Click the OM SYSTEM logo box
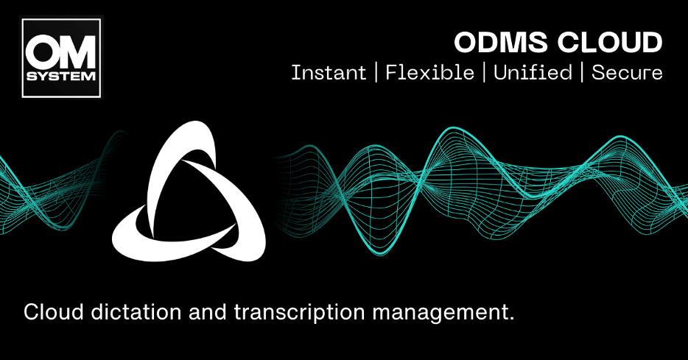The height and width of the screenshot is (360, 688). [62, 57]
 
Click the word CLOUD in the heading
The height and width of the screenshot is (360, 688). [614, 43]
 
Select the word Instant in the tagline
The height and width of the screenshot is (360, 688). [329, 73]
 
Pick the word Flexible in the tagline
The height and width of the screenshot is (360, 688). [429, 73]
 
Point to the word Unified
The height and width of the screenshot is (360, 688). [533, 73]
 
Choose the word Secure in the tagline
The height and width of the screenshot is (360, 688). [627, 73]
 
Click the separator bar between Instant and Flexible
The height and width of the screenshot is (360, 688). [376, 73]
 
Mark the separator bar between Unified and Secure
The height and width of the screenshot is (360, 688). [582, 73]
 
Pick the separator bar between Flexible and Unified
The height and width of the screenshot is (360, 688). [484, 73]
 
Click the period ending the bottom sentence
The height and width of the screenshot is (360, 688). [510, 319]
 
